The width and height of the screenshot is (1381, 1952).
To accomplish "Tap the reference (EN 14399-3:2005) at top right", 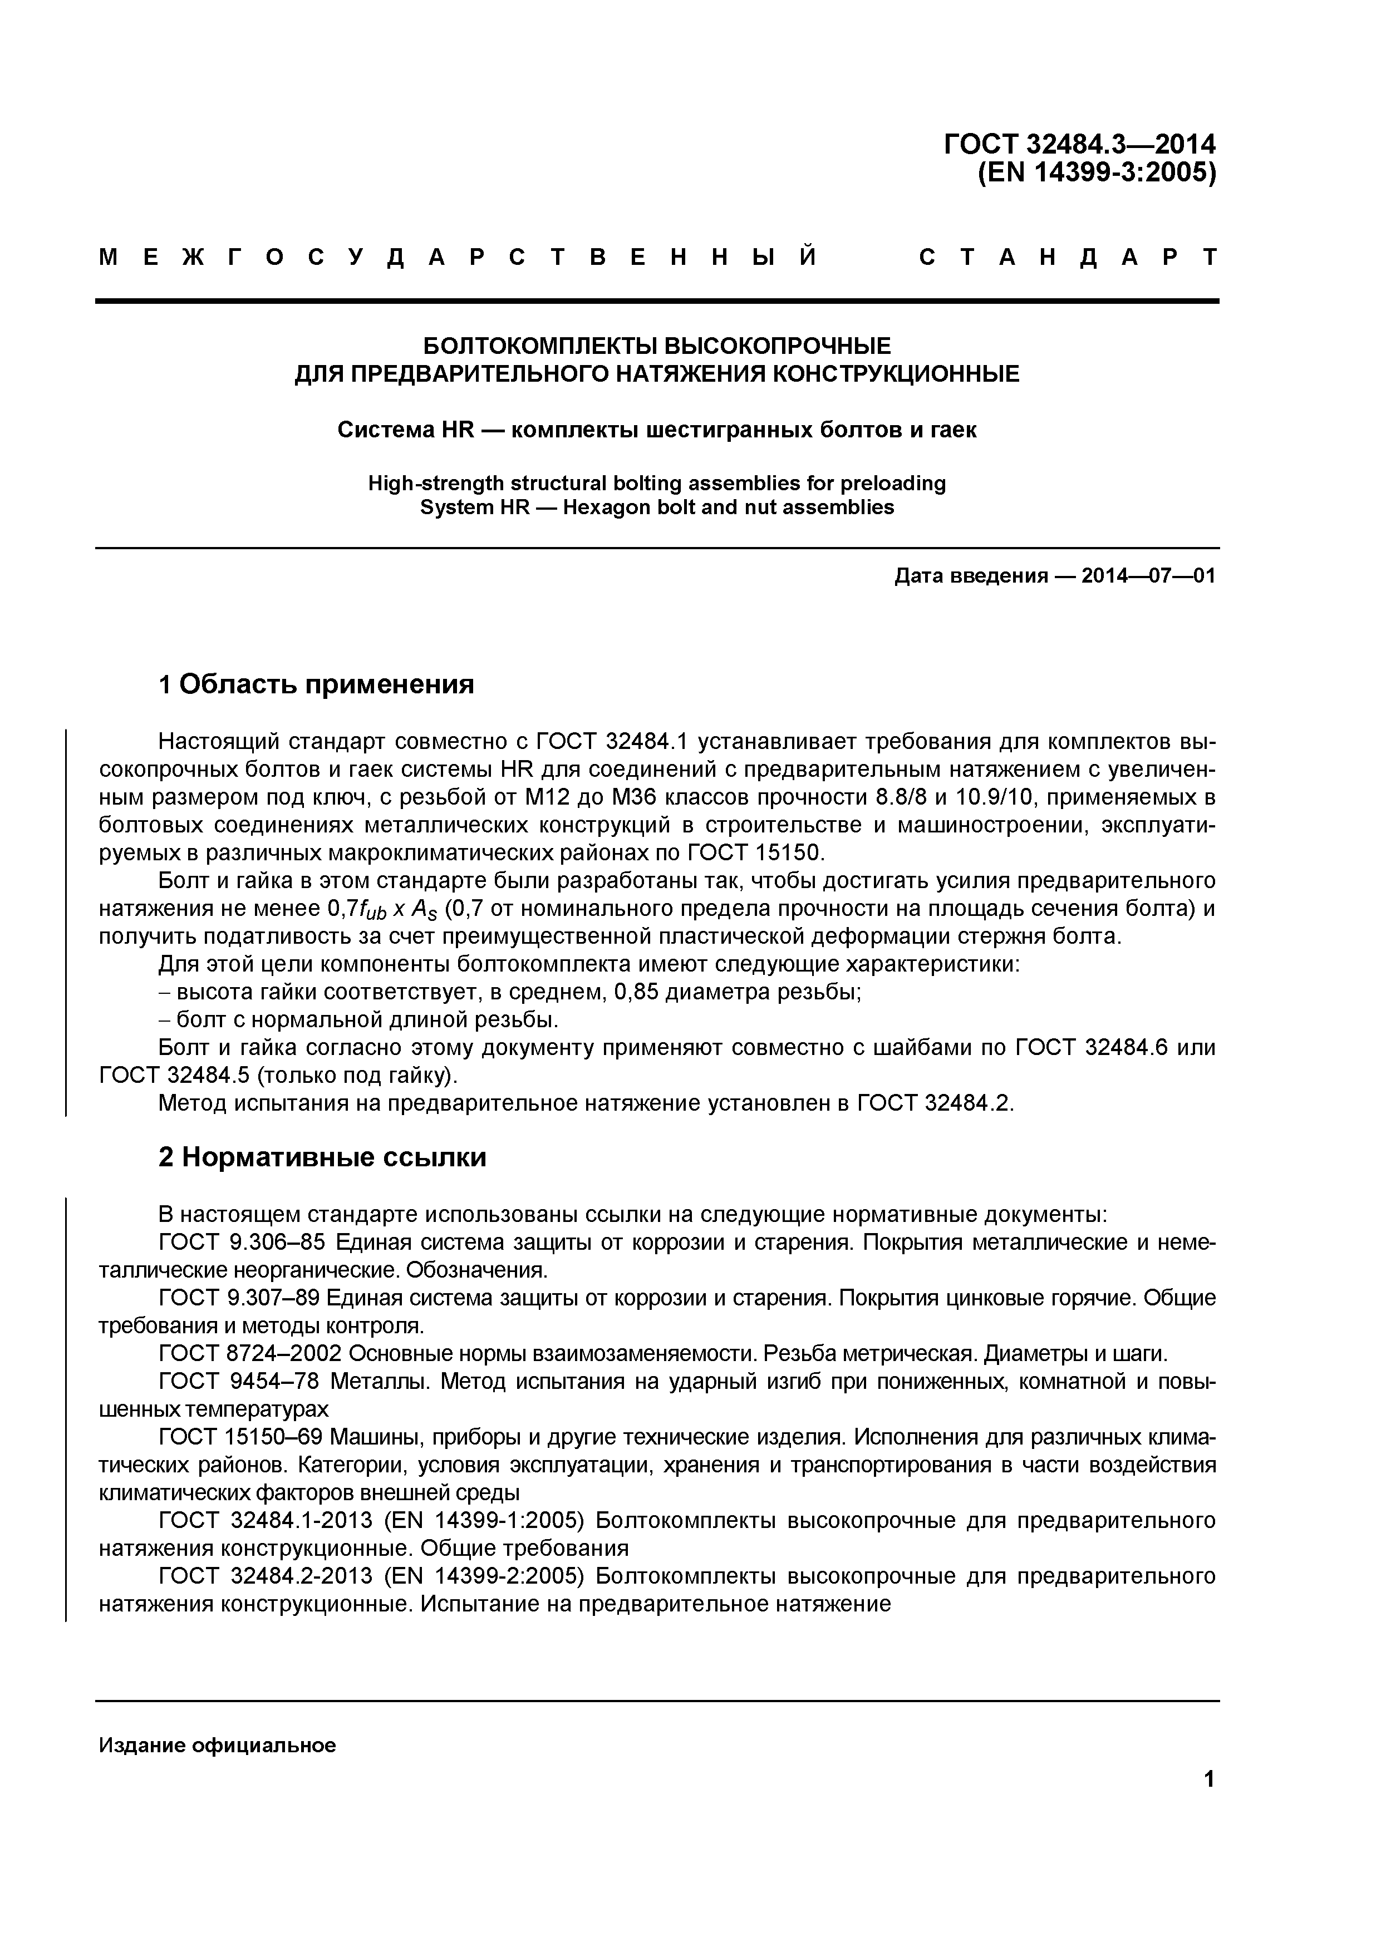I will [1097, 172].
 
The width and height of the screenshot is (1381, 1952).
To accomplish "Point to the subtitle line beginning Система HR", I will [656, 430].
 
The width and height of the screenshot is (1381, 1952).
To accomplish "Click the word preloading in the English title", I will [893, 483].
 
